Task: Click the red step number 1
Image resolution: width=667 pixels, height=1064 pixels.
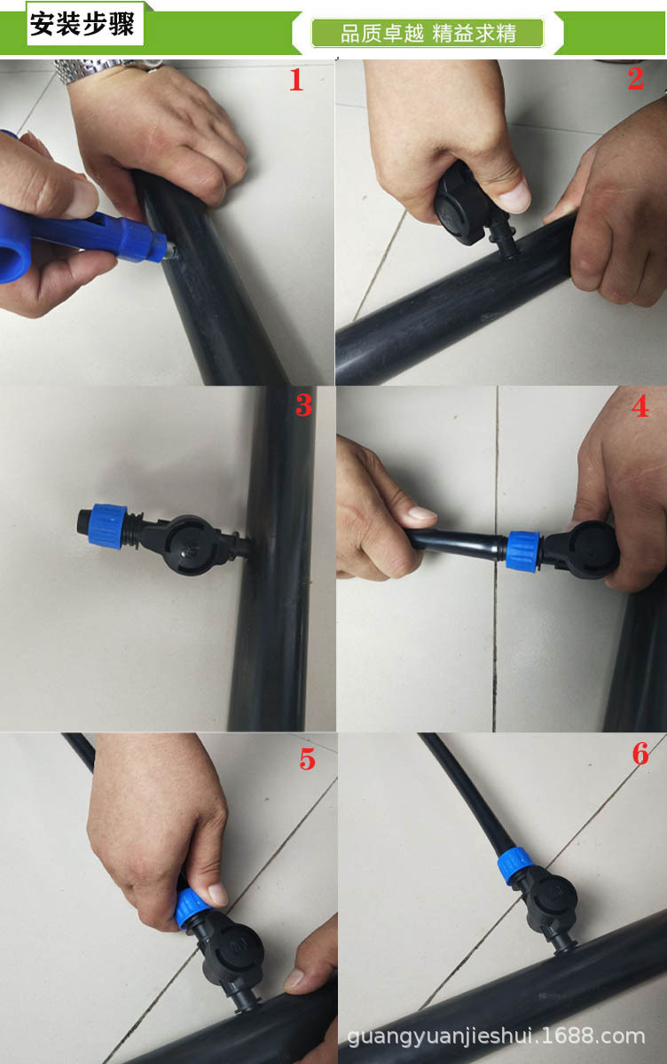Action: [x=296, y=79]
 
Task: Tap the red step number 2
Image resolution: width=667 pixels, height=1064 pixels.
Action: [x=636, y=78]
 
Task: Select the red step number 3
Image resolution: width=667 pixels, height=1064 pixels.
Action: [x=304, y=405]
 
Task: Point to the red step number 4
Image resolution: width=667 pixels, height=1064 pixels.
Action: [x=640, y=406]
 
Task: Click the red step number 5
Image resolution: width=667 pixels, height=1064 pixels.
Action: [x=308, y=759]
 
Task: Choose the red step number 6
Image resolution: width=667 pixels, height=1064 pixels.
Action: [x=640, y=754]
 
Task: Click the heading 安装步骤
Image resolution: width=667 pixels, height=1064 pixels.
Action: [x=82, y=24]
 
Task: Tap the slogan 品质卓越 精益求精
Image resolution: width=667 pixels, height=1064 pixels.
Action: [x=428, y=34]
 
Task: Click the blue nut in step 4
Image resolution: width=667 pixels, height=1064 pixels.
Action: [x=523, y=550]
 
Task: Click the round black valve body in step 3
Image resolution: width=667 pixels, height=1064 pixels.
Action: [x=191, y=544]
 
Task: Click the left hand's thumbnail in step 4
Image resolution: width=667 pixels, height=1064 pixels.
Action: [x=421, y=512]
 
